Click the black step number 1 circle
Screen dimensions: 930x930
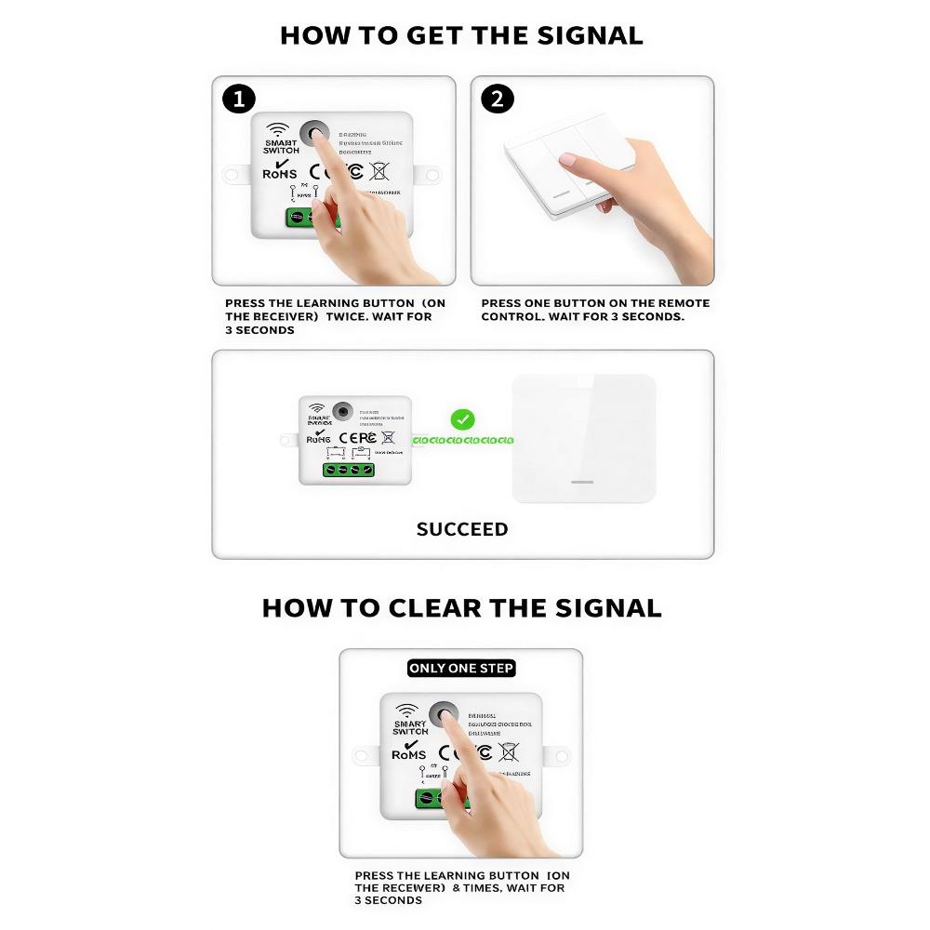click(x=239, y=99)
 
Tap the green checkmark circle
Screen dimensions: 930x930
click(x=462, y=419)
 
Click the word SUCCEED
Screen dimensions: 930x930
click(x=462, y=529)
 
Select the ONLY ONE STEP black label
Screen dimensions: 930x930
click(x=461, y=668)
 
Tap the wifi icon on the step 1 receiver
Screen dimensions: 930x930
click(x=277, y=129)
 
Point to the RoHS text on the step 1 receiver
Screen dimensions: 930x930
click(x=280, y=173)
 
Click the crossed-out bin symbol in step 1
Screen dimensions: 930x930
click(x=379, y=170)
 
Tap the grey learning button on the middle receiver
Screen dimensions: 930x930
click(x=343, y=410)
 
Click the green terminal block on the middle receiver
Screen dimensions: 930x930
click(x=349, y=471)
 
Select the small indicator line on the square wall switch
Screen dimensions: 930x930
click(x=582, y=482)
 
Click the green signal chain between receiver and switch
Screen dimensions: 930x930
click(x=461, y=440)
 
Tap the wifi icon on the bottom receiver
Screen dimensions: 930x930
click(x=406, y=711)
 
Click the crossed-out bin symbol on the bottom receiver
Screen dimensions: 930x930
click(x=508, y=751)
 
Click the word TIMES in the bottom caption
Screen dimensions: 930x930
click(x=481, y=888)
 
